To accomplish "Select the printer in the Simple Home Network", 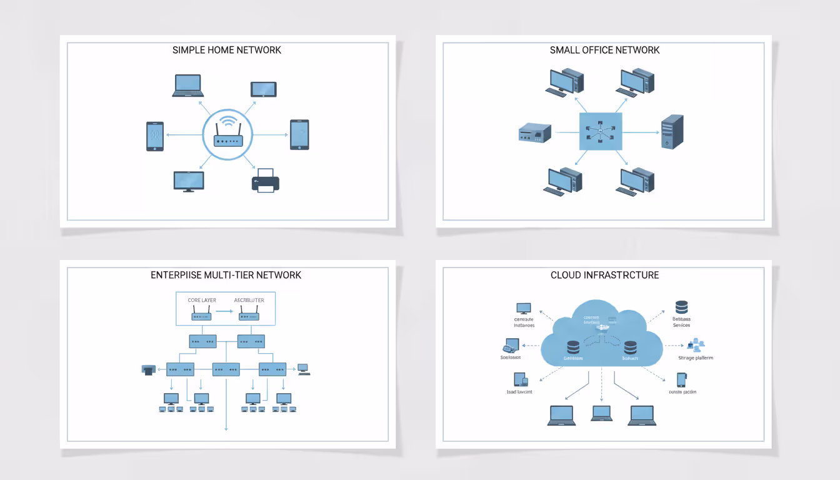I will pyautogui.click(x=265, y=180).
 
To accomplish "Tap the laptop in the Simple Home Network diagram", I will pyautogui.click(x=187, y=86).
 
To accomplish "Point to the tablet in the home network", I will pyautogui.click(x=263, y=89).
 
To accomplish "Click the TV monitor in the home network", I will pyautogui.click(x=188, y=181).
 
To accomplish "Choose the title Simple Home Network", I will pyautogui.click(x=227, y=50).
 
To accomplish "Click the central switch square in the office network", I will pyautogui.click(x=601, y=131).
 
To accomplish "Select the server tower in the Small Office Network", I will pyautogui.click(x=672, y=131).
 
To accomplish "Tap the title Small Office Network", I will pyautogui.click(x=604, y=50).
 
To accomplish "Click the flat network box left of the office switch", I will pyautogui.click(x=535, y=132).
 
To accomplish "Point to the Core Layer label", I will pyautogui.click(x=202, y=300).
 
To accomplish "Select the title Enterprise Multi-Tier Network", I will pyautogui.click(x=226, y=275).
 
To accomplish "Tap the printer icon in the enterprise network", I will pyautogui.click(x=148, y=369).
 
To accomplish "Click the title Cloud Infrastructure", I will pyautogui.click(x=604, y=275).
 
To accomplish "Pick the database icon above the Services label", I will pyautogui.click(x=681, y=307).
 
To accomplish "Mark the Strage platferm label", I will pyautogui.click(x=695, y=358).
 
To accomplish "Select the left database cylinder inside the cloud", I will pyautogui.click(x=572, y=347).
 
